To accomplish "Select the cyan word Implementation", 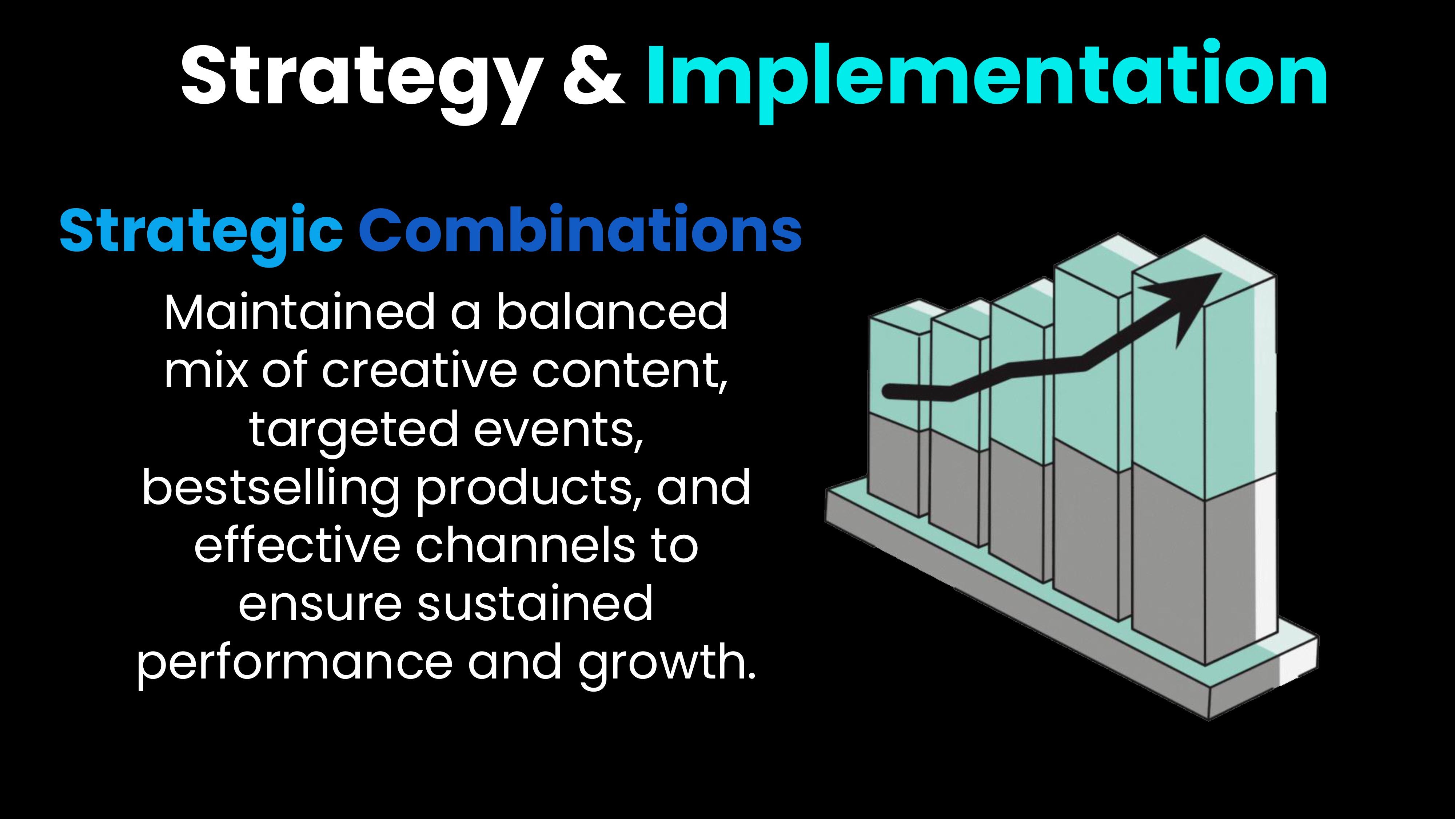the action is pyautogui.click(x=987, y=79).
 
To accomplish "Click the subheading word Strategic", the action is pyautogui.click(x=201, y=231).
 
